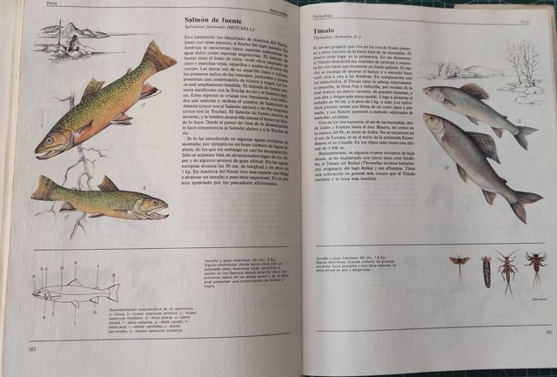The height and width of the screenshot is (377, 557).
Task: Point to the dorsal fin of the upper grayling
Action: [474, 90]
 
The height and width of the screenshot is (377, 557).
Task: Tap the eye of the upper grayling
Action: [433, 94]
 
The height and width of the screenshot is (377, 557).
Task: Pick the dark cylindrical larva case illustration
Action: [487, 272]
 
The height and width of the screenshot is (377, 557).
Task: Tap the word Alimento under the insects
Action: [533, 297]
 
